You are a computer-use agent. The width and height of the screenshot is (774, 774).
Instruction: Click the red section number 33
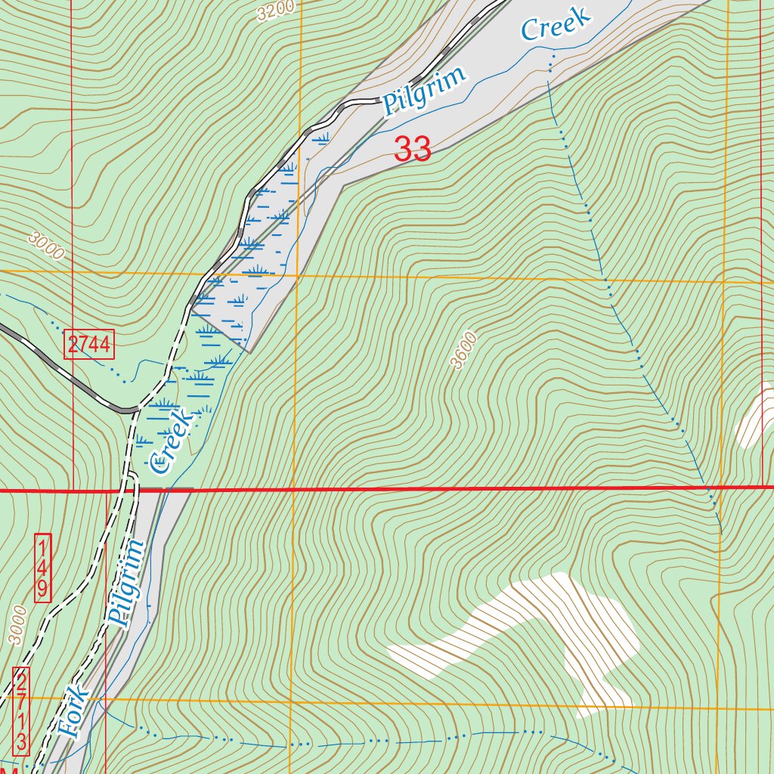[x=413, y=149]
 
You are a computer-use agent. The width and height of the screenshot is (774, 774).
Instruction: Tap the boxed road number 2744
[x=89, y=345]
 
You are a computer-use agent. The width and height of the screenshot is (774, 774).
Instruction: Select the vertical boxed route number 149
[x=43, y=567]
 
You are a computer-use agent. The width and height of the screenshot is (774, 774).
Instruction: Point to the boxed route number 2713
[x=22, y=711]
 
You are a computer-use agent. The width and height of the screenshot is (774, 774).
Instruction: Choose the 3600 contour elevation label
[x=463, y=351]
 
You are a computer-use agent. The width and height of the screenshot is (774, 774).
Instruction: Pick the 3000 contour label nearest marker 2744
[x=46, y=246]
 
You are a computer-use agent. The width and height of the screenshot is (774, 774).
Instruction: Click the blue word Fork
[x=73, y=713]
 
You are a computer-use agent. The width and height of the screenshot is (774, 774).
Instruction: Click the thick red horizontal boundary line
[x=454, y=489]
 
